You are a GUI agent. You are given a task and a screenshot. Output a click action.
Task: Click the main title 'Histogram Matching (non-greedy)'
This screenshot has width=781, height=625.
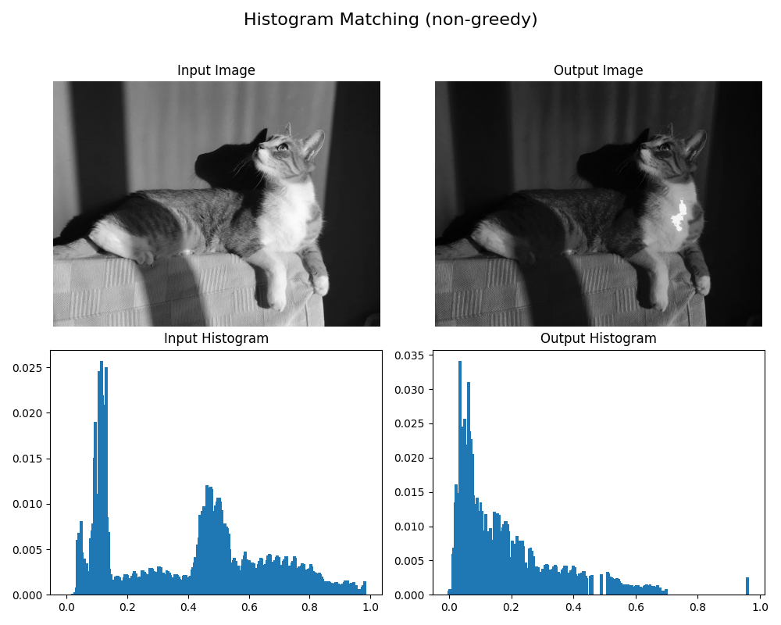click(390, 20)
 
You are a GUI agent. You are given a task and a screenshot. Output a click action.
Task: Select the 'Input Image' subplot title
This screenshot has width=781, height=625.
click(216, 70)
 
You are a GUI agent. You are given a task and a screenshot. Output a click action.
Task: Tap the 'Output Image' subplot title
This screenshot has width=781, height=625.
click(598, 70)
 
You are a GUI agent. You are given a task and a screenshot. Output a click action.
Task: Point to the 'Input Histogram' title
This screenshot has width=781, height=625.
click(216, 338)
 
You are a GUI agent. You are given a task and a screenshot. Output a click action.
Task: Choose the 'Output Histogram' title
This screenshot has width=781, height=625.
click(598, 338)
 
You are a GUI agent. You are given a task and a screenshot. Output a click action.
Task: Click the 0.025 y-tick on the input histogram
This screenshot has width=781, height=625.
click(30, 367)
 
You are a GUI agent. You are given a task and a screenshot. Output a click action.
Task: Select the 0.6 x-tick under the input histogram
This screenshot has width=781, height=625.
click(249, 607)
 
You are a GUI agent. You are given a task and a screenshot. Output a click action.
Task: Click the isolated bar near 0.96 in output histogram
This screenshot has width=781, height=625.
click(747, 586)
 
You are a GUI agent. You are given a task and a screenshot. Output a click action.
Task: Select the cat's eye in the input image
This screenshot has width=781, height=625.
click(282, 146)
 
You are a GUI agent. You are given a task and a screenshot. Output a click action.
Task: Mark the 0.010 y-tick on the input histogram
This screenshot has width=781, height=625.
click(30, 504)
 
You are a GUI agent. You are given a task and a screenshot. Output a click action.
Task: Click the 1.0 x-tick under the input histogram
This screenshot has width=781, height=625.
click(370, 607)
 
